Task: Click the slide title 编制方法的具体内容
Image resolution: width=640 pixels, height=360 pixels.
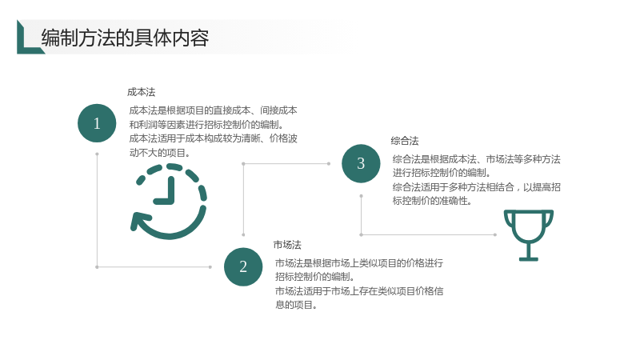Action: tap(125, 38)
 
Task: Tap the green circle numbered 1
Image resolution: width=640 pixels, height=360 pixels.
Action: tap(97, 123)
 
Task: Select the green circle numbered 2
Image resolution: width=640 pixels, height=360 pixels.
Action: tap(243, 267)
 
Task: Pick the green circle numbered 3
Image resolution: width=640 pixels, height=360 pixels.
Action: tap(361, 163)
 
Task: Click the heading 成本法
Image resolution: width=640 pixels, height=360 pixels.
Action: tap(142, 92)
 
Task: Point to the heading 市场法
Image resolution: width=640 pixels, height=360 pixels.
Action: tap(287, 245)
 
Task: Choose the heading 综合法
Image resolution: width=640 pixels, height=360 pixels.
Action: tap(405, 142)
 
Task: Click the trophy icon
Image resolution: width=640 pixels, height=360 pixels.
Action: tap(529, 235)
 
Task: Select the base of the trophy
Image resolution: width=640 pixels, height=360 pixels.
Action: tap(529, 258)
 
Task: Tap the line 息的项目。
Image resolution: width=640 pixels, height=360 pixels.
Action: tap(296, 305)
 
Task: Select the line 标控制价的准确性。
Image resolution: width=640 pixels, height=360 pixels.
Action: tap(432, 201)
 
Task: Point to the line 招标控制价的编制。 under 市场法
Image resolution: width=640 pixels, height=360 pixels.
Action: tap(315, 277)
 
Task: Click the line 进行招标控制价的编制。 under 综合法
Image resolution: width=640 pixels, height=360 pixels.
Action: tap(442, 173)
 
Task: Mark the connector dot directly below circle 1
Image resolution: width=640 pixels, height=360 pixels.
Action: tap(97, 154)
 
